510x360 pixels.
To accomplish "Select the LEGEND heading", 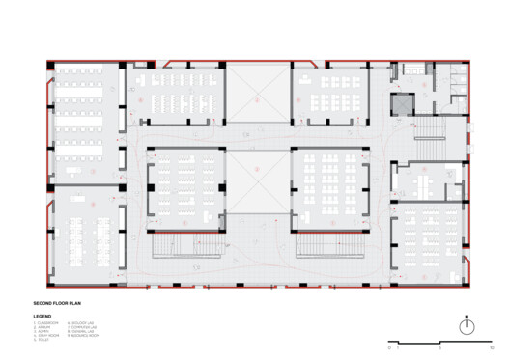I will (42, 316).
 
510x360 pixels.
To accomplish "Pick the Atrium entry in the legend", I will (43, 326).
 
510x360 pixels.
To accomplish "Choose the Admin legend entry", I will (42, 331).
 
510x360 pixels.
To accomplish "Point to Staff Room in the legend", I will (46, 335).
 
